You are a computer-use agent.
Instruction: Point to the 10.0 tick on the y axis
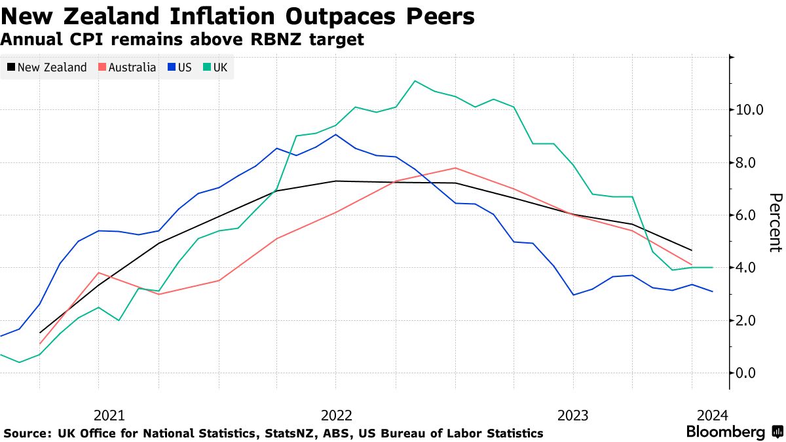point(750,109)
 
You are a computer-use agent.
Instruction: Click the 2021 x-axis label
point(109,415)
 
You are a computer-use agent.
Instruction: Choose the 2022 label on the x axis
point(337,415)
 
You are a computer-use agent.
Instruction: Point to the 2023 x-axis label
point(572,415)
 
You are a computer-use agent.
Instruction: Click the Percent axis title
point(776,223)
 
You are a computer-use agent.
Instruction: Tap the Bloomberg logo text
point(725,432)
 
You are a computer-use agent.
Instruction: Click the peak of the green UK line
point(415,81)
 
